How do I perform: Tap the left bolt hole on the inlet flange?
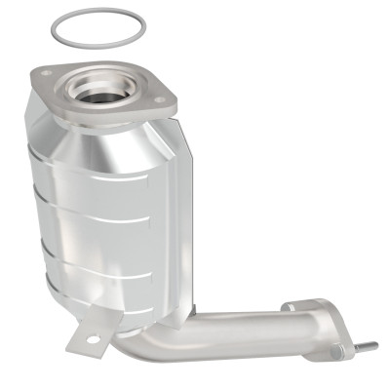pyautogui.click(x=45, y=73)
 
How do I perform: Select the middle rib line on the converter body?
pyautogui.click(x=97, y=228)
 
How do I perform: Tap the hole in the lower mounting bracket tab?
pyautogui.click(x=93, y=340)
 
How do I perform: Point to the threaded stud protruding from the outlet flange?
pyautogui.click(x=368, y=345)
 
